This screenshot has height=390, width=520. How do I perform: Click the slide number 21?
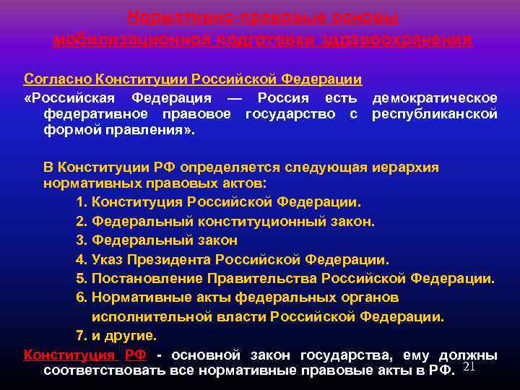(x=467, y=368)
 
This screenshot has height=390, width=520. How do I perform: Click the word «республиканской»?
(x=434, y=113)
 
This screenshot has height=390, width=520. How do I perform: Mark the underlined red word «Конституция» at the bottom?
(x=69, y=355)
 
